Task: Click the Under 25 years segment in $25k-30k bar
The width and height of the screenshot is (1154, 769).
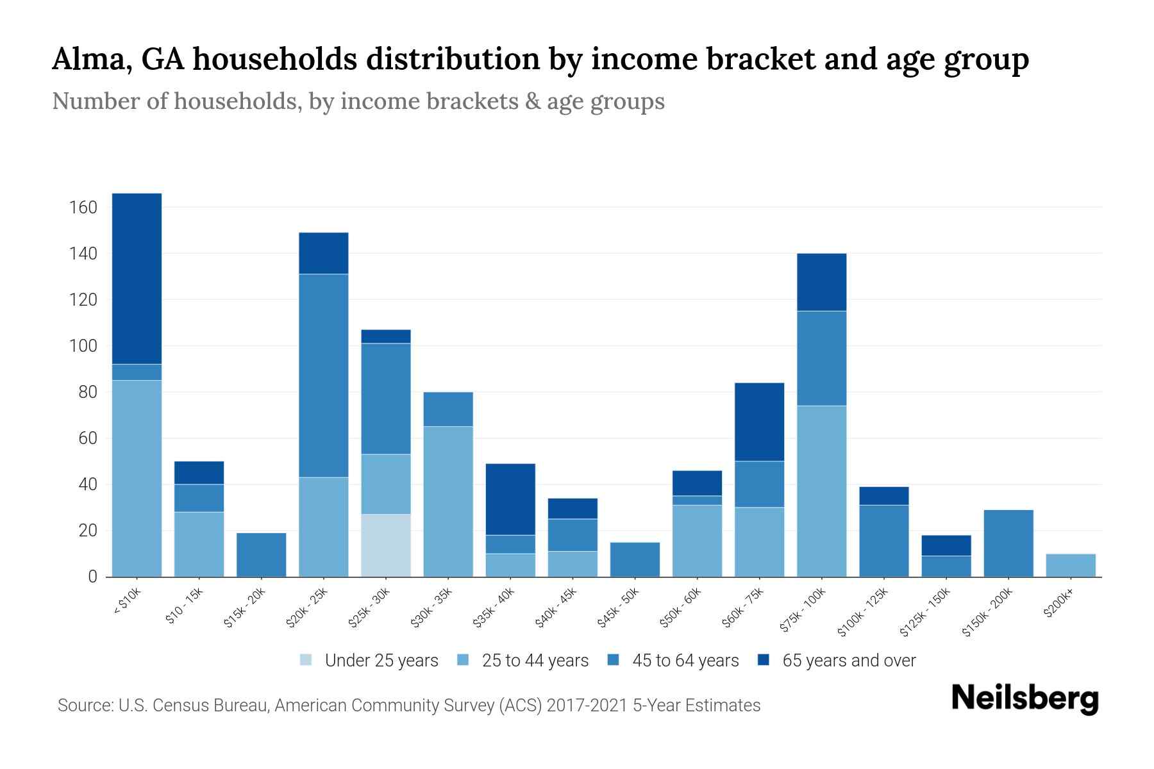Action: tap(386, 545)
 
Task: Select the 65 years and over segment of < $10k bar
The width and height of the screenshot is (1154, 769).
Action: tap(137, 279)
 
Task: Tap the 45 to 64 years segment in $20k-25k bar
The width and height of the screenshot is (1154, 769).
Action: tap(324, 376)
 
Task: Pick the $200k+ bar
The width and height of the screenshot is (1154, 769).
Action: tap(1071, 565)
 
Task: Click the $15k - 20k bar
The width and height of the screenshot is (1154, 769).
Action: tap(262, 555)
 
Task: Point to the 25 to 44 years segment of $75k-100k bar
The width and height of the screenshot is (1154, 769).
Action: tap(821, 491)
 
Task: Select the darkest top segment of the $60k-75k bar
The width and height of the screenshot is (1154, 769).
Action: tap(760, 422)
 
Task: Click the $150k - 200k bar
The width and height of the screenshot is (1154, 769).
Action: tap(1008, 543)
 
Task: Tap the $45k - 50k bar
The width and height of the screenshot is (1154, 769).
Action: tap(635, 559)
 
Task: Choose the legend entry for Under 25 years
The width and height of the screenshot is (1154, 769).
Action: tap(369, 660)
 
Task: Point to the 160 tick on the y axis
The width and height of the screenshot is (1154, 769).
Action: tap(83, 208)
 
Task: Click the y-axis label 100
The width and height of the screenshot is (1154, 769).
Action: tap(83, 346)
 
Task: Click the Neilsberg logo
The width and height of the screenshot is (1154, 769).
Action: tap(1024, 699)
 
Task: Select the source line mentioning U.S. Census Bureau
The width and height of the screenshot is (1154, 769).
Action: tap(409, 706)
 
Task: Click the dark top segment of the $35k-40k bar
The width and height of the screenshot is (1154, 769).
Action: tap(510, 499)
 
